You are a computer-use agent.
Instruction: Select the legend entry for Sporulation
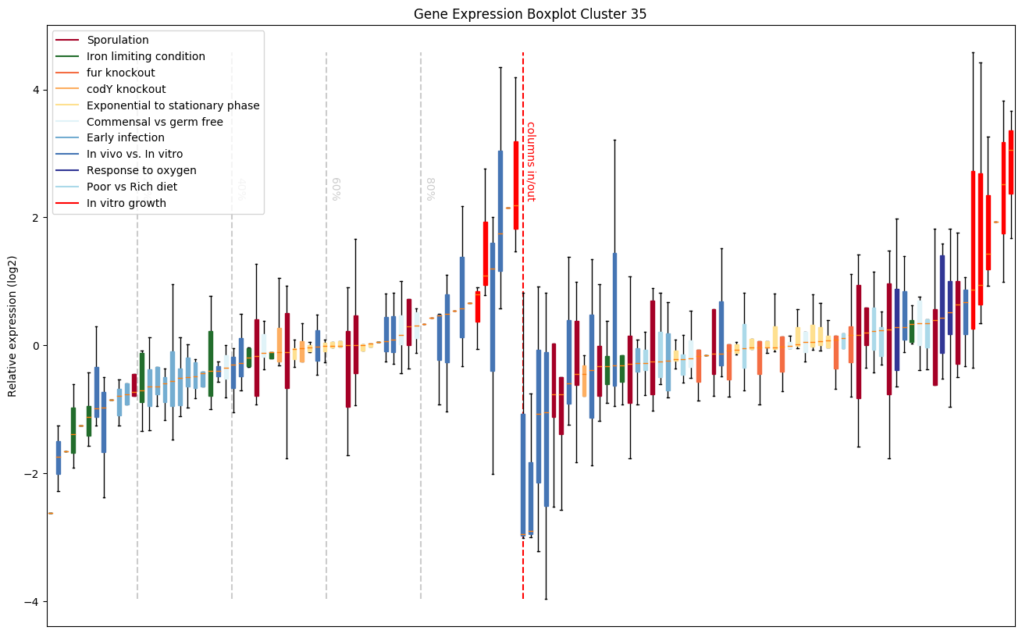[x=118, y=40]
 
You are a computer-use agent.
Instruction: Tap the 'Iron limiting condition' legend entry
[x=146, y=56]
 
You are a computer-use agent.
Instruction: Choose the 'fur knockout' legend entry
[x=121, y=73]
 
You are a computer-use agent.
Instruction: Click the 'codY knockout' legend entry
[x=126, y=89]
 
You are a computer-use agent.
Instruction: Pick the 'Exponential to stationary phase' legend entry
[x=173, y=105]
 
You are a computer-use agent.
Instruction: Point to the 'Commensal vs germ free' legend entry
[x=155, y=122]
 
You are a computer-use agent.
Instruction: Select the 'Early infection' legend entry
[x=126, y=138]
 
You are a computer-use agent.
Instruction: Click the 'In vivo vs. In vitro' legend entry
[x=134, y=155]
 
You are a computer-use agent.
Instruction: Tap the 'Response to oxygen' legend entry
[x=141, y=170]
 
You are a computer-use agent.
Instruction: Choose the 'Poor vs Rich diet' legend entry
[x=132, y=187]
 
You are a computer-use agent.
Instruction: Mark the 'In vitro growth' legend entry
[x=126, y=203]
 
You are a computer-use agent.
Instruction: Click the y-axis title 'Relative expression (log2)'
[x=12, y=325]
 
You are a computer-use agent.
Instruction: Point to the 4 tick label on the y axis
[x=36, y=90]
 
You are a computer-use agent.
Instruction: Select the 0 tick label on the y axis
[x=36, y=346]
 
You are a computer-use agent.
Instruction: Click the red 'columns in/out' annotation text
[x=529, y=162]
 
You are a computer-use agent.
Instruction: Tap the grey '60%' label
[x=337, y=189]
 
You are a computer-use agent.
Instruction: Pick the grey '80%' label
[x=431, y=189]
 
